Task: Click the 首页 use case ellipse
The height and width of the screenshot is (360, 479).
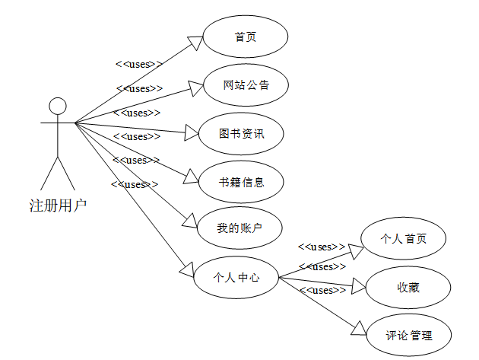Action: point(245,36)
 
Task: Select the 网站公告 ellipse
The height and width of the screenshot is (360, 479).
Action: point(246,85)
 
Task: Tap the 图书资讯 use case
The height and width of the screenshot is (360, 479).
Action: point(240,134)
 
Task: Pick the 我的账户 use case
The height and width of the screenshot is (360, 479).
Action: point(239,228)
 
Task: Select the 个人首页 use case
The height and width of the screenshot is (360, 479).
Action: point(403,238)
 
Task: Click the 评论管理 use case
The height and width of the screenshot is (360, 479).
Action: point(408,335)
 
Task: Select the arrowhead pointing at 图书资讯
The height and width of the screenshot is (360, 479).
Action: point(190,133)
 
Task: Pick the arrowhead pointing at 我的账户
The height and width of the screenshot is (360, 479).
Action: point(191,221)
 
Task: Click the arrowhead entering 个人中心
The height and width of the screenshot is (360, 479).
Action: point(186,268)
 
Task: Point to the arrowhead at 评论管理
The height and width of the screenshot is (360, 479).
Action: point(360,327)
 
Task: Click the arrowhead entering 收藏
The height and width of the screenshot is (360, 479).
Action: point(359,287)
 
